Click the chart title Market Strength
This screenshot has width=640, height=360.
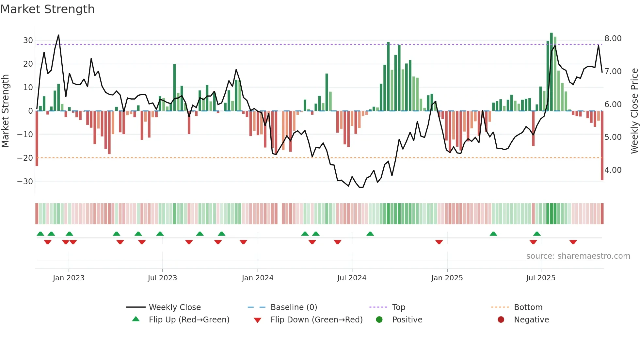(47, 9)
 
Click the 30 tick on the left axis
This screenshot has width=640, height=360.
(28, 41)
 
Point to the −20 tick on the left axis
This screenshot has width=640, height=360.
(25, 158)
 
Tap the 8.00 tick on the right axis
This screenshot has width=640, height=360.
(613, 39)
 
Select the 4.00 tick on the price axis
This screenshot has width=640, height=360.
(613, 170)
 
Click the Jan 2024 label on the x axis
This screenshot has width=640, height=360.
(258, 278)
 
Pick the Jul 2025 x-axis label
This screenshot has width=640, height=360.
(541, 278)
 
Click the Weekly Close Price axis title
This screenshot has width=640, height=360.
(634, 111)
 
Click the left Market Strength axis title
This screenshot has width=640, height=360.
(5, 111)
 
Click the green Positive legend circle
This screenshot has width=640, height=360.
(379, 320)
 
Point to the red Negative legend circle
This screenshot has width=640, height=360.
(501, 320)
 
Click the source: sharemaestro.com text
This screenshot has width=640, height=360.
(578, 256)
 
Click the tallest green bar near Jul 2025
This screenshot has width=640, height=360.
(552, 72)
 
